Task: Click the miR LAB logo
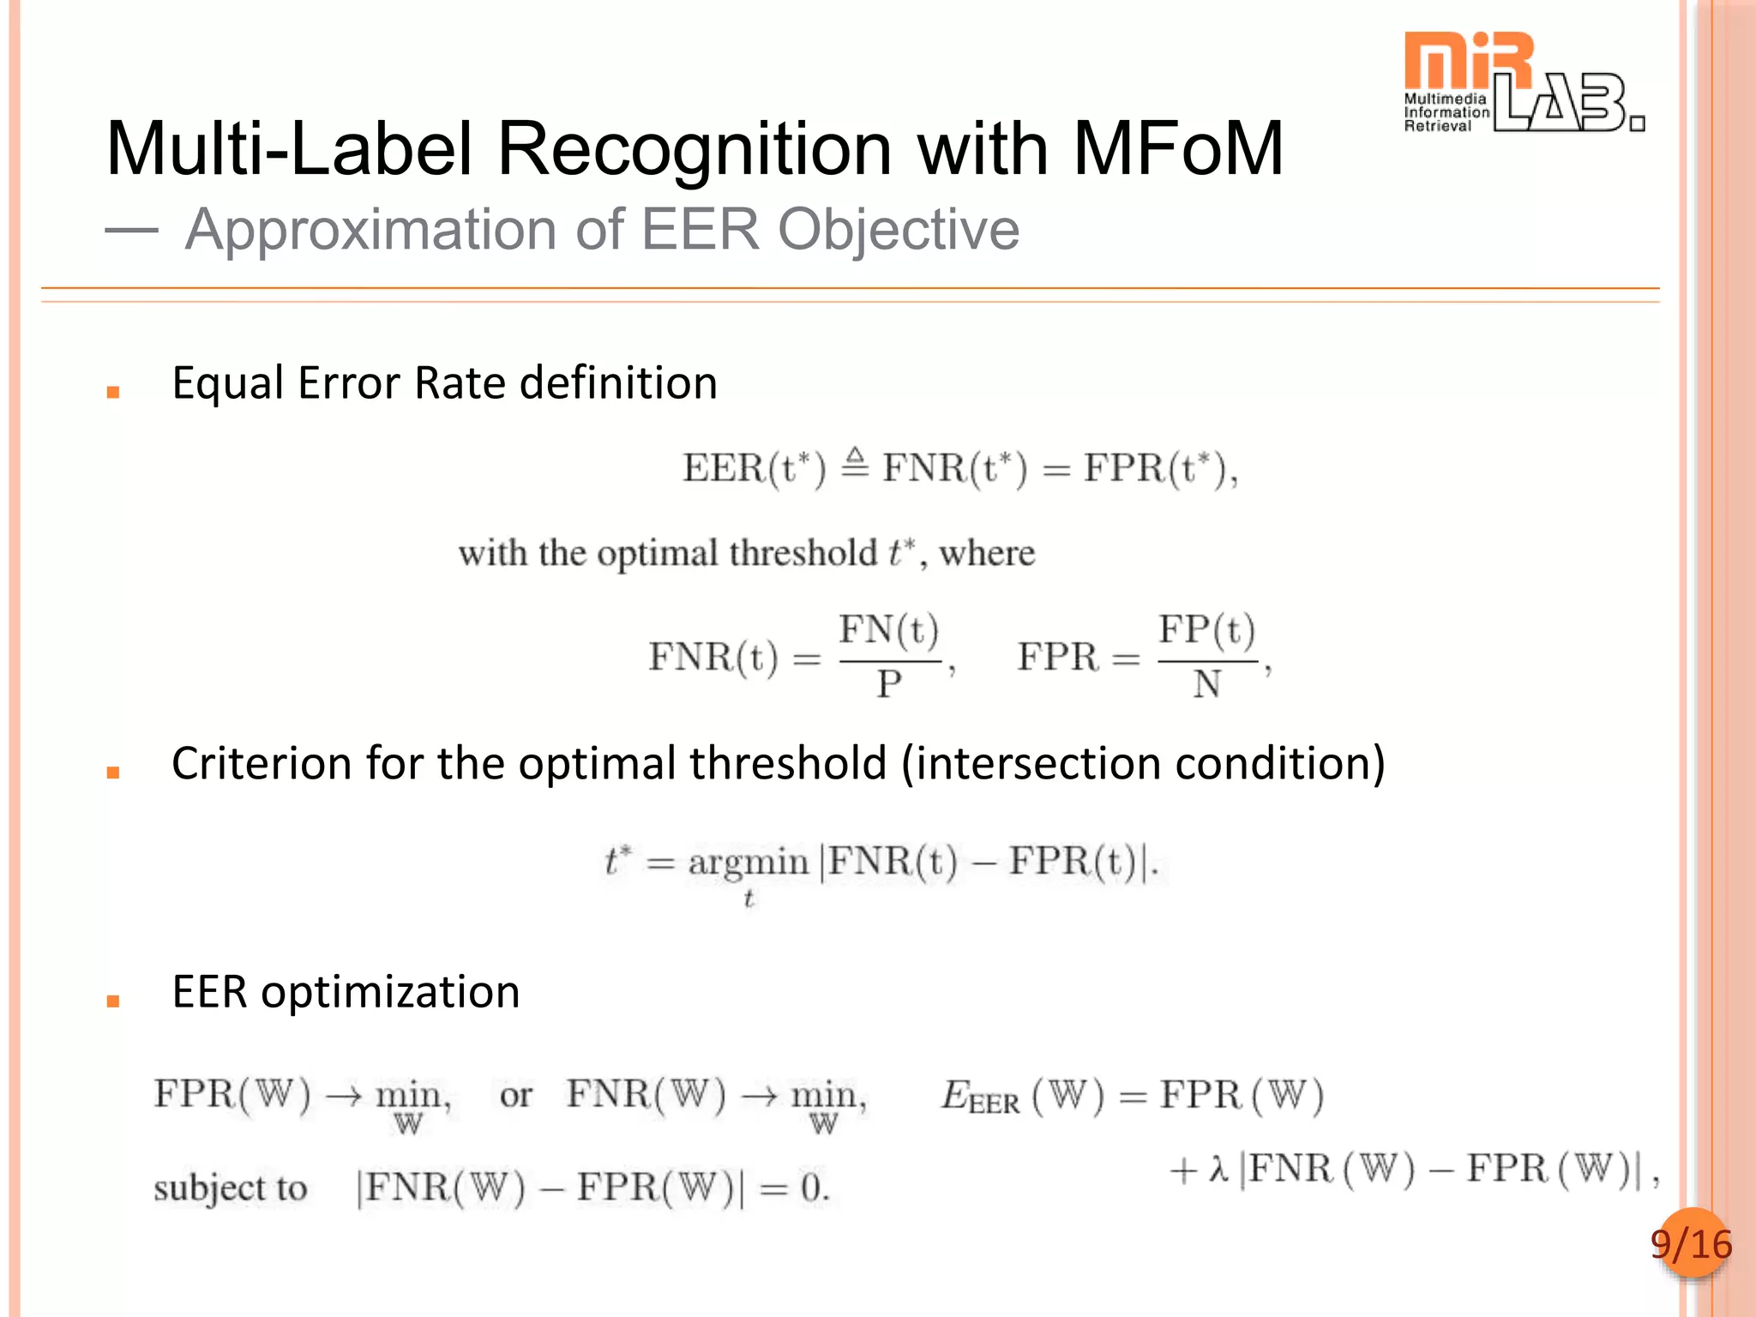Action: coord(1522,83)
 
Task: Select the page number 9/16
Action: coord(1691,1244)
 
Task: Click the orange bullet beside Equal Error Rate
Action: coord(112,393)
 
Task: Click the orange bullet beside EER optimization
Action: coord(112,1001)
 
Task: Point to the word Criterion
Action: coord(262,763)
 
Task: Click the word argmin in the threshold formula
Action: coord(748,862)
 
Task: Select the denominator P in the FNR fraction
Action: coord(888,684)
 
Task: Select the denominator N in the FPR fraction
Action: coord(1206,684)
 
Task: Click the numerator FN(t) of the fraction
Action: coord(888,630)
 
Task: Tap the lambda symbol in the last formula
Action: coord(1218,1169)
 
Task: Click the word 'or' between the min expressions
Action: coord(515,1096)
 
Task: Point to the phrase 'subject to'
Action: coord(230,1188)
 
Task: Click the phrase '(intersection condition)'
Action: coord(1143,763)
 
